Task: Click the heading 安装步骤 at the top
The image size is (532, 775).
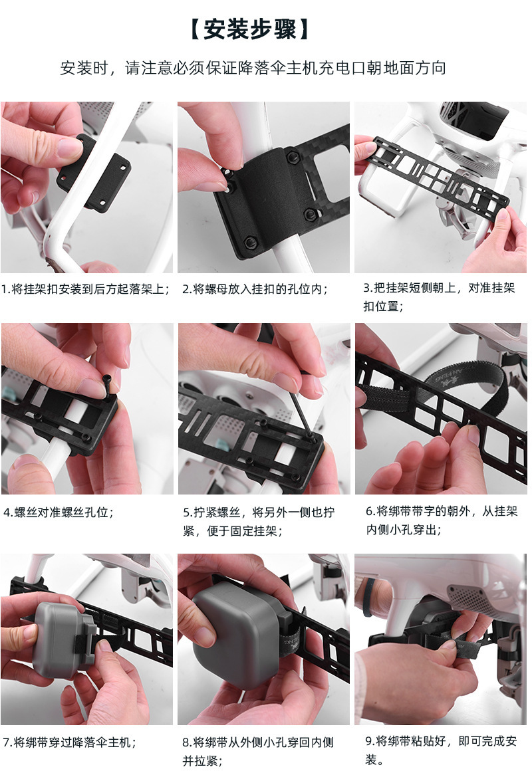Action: click(249, 30)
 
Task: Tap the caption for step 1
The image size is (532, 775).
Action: click(85, 289)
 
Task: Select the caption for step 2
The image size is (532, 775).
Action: click(255, 289)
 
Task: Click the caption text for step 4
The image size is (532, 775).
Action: click(59, 512)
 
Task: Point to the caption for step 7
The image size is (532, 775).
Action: click(70, 742)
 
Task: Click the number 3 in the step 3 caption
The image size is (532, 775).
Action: click(367, 288)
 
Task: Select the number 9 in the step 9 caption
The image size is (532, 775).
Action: click(369, 741)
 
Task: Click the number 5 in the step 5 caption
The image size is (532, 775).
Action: click(186, 512)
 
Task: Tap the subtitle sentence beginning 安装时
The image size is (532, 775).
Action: click(253, 68)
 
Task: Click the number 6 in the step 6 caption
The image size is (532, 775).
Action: click(369, 511)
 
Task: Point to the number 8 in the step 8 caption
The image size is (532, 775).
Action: click(186, 742)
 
